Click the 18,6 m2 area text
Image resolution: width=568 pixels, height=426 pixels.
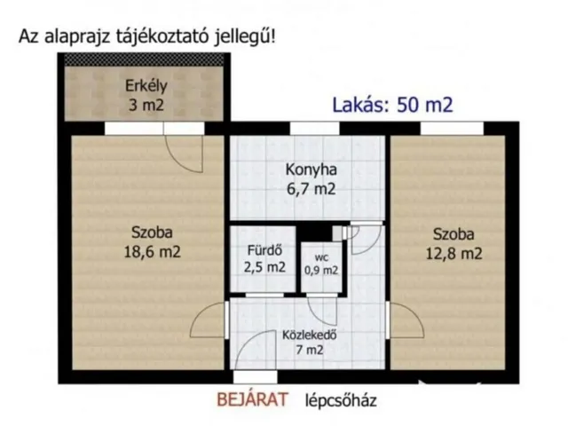(x=152, y=252)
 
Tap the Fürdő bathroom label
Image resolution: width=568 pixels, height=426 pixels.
(x=264, y=248)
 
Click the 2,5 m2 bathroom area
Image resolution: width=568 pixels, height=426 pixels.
(x=264, y=266)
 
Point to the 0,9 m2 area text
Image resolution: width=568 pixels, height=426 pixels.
(x=321, y=270)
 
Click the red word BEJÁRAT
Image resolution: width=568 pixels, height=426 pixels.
(x=253, y=400)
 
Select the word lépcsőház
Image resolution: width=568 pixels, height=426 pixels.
(x=342, y=400)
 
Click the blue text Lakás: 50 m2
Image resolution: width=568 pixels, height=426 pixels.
(x=392, y=105)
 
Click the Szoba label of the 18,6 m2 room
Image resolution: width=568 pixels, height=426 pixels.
(x=152, y=234)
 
